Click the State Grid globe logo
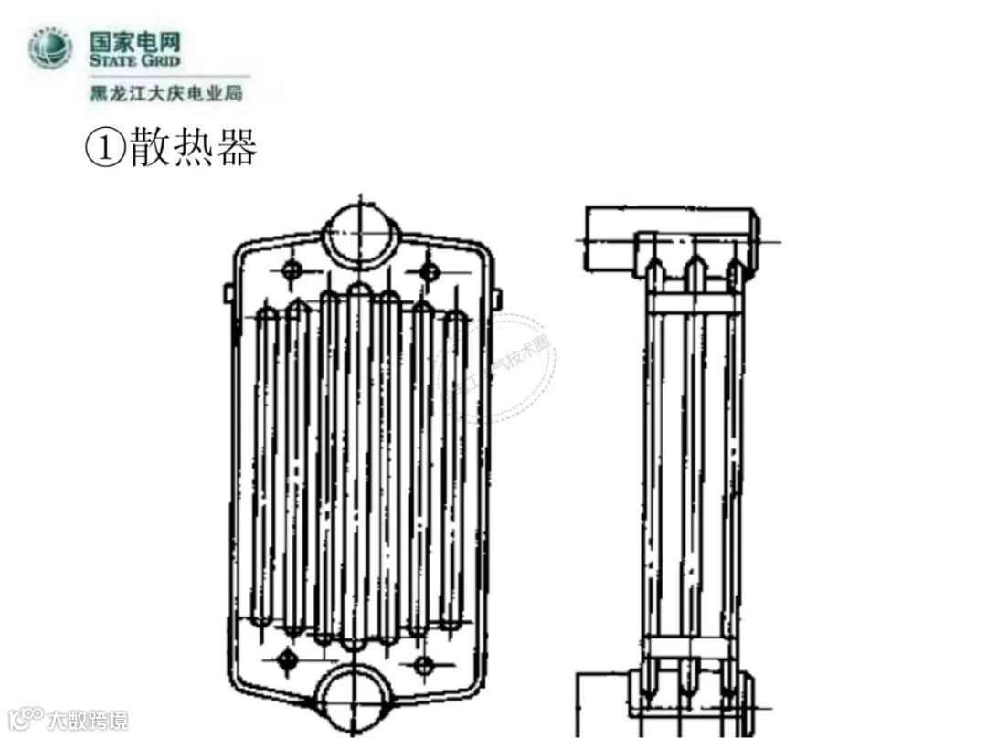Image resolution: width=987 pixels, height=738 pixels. pyautogui.click(x=50, y=49)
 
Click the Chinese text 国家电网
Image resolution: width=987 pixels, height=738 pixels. pyautogui.click(x=135, y=41)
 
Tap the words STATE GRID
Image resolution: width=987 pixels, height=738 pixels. pyautogui.click(x=135, y=60)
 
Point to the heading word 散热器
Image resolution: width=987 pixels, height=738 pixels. pyautogui.click(x=193, y=148)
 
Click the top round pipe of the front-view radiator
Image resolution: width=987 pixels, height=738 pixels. pyautogui.click(x=361, y=232)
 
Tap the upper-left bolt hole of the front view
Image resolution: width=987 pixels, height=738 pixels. pyautogui.click(x=292, y=269)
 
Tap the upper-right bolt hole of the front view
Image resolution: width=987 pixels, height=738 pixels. pyautogui.click(x=429, y=270)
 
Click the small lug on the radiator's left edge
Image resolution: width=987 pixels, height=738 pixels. pyautogui.click(x=228, y=293)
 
